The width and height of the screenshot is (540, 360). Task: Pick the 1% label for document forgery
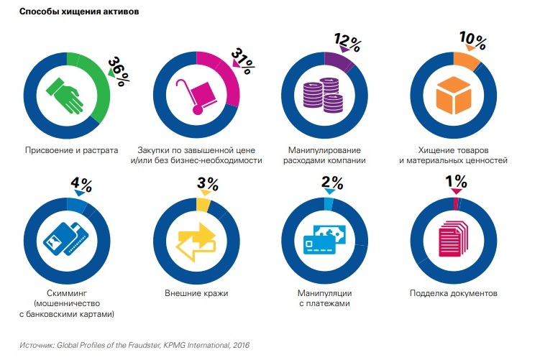tap(457, 183)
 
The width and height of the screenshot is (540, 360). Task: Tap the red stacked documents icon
tap(453, 238)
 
